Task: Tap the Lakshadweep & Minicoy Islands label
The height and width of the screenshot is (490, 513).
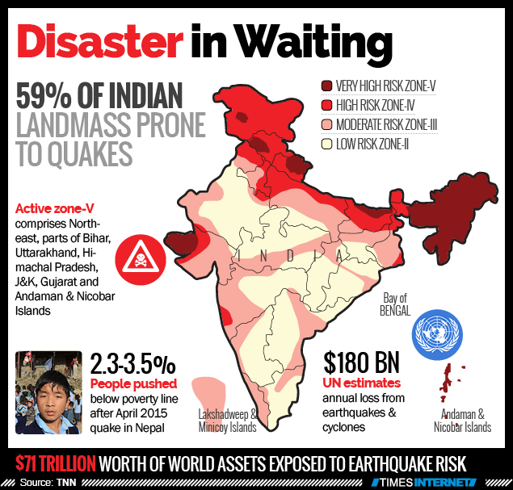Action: tap(228, 421)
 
